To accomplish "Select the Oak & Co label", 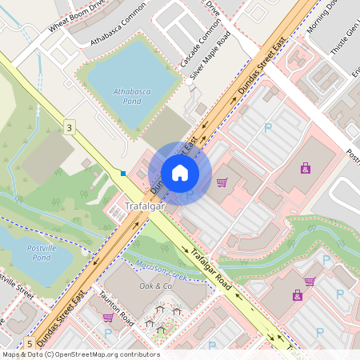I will (156, 286).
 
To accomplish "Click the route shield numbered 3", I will (70, 128).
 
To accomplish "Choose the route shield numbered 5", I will (30, 343).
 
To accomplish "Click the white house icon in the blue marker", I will (180, 173).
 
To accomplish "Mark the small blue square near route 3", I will (123, 172).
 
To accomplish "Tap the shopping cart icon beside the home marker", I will (222, 182).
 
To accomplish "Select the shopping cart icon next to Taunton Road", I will (107, 318).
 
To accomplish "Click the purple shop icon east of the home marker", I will (305, 168).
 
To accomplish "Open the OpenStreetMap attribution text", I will (80, 354).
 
